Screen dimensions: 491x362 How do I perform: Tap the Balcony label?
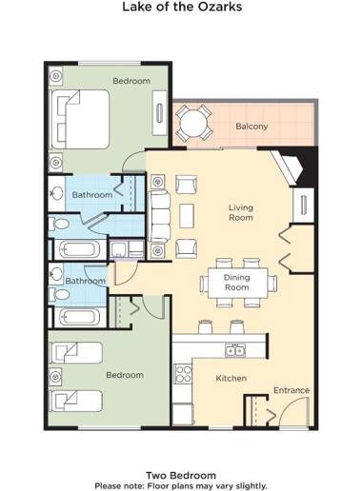251,126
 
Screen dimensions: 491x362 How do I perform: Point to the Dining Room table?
237,282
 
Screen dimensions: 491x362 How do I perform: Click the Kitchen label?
231,379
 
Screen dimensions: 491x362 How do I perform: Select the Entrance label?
292,390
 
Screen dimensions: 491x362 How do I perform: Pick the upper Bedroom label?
131,81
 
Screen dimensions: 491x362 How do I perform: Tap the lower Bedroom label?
124,375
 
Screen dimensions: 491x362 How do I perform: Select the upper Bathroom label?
93,194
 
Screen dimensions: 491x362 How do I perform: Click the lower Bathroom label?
86,281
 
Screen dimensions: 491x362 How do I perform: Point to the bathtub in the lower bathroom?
77,316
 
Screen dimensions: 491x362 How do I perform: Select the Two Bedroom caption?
180,474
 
